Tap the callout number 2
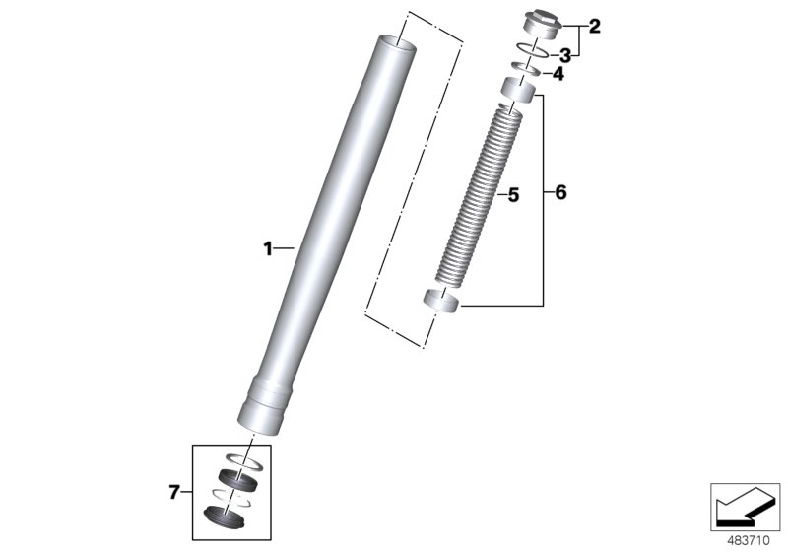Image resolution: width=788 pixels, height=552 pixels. [594, 27]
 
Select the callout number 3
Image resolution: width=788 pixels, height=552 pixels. [565, 54]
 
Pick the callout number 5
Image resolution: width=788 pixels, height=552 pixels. [512, 196]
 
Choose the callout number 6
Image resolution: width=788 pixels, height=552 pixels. [560, 193]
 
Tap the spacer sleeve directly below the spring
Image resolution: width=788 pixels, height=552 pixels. [440, 301]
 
